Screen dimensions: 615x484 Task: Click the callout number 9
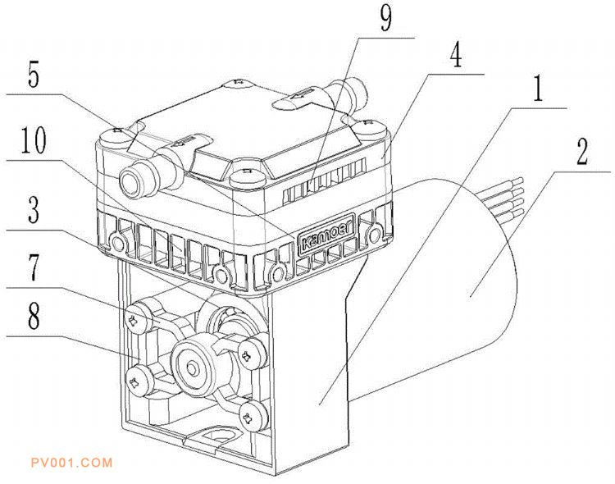click(x=386, y=18)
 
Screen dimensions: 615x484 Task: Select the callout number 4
click(x=455, y=54)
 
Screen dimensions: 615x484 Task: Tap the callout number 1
click(x=538, y=89)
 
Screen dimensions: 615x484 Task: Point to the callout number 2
click(x=582, y=152)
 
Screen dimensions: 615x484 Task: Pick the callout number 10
click(x=34, y=140)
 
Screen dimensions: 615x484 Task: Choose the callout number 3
click(x=34, y=209)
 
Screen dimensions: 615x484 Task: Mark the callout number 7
click(x=34, y=267)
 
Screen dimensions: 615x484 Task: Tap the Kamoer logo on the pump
click(x=326, y=235)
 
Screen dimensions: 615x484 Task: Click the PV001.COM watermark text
click(x=72, y=463)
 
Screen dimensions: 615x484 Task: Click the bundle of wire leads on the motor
click(x=503, y=196)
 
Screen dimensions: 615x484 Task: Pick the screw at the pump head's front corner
click(x=247, y=177)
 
